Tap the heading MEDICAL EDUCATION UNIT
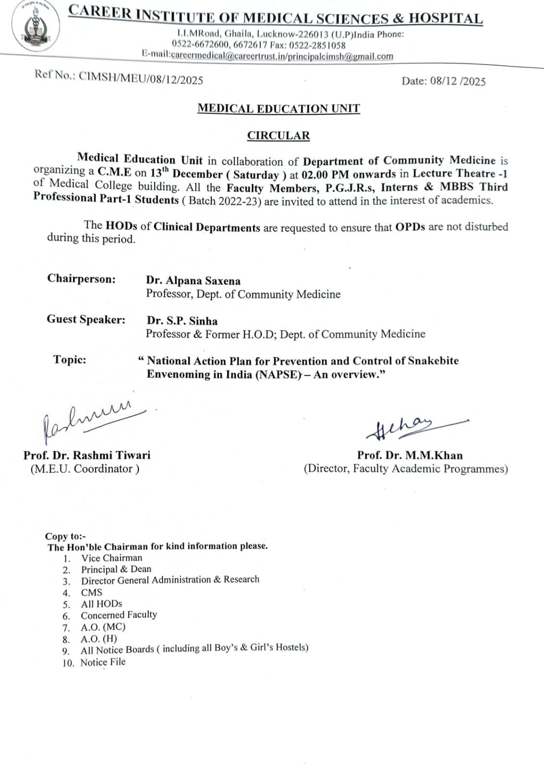click(x=278, y=108)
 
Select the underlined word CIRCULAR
click(x=278, y=136)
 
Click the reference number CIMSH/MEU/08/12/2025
click(x=141, y=79)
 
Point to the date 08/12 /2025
click(x=458, y=81)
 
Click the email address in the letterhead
click(x=282, y=56)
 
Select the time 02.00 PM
click(x=325, y=174)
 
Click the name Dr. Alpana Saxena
click(x=193, y=281)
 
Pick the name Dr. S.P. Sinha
click(x=182, y=321)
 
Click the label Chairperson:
click(x=81, y=279)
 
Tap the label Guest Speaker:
click(x=86, y=320)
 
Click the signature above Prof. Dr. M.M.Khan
click(x=413, y=426)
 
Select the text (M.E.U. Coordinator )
click(x=85, y=469)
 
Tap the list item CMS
click(x=92, y=593)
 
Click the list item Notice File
click(x=103, y=662)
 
